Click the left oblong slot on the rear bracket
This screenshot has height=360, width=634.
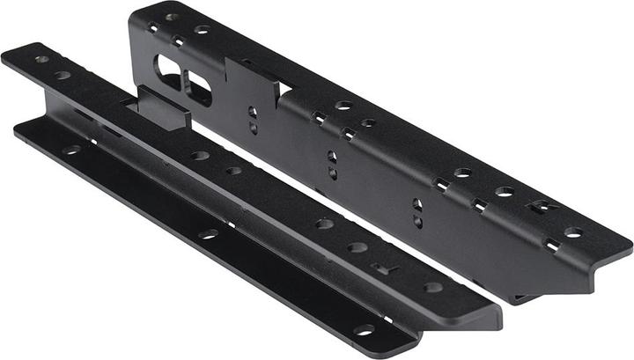coord(167,69)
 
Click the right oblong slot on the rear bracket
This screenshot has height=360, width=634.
coord(198,86)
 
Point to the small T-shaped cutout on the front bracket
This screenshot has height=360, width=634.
coord(380,267)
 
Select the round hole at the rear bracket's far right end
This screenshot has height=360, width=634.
coord(573,232)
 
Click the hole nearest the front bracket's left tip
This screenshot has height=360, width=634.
coord(41,59)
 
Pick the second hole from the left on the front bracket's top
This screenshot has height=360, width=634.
coord(63,75)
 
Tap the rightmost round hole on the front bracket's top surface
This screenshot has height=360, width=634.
coord(432,287)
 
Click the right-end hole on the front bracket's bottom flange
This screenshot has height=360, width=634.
coord(364,330)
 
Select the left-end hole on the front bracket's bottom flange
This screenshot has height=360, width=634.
coord(71,149)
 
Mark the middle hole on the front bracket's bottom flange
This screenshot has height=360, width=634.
coord(209,234)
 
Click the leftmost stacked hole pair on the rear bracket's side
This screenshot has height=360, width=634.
coord(253,119)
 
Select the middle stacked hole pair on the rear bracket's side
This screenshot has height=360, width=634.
coord(332,164)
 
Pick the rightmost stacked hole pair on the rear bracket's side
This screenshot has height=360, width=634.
coord(417,213)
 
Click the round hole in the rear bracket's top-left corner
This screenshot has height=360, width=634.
coord(172,17)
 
